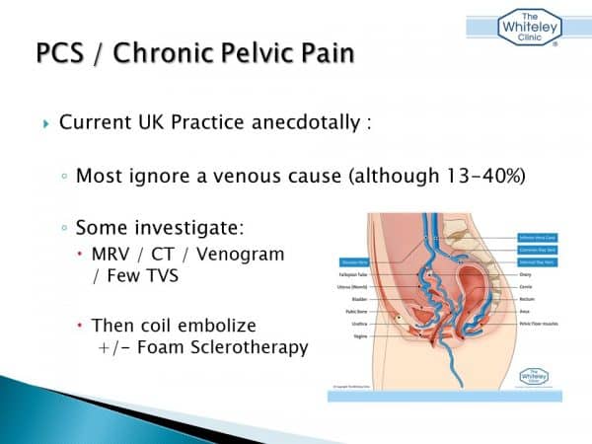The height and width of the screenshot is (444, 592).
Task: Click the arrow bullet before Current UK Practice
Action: [x=46, y=125]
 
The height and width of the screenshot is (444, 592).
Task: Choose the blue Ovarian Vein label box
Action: [x=355, y=261]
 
